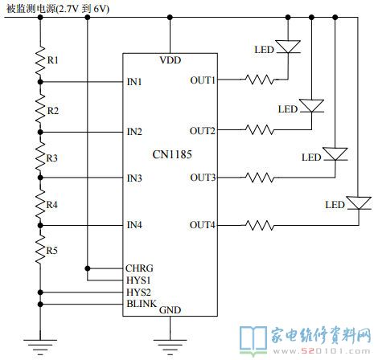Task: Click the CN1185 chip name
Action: pyautogui.click(x=172, y=154)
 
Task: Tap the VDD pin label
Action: pyautogui.click(x=171, y=60)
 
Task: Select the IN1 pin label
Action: pyautogui.click(x=134, y=82)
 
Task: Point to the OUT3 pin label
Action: pyautogui.click(x=203, y=178)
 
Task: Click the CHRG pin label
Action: pyautogui.click(x=139, y=268)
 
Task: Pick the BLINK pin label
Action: pyautogui.click(x=142, y=304)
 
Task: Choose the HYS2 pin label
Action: pyautogui.click(x=138, y=292)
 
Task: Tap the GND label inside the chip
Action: pyautogui.click(x=171, y=310)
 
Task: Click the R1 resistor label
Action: pyautogui.click(x=53, y=60)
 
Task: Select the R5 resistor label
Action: pyautogui.click(x=52, y=251)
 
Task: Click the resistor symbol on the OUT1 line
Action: pyautogui.click(x=260, y=80)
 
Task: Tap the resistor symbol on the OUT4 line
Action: pyautogui.click(x=260, y=225)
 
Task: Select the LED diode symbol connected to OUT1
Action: pyautogui.click(x=288, y=47)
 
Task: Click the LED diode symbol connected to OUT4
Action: pyautogui.click(x=359, y=202)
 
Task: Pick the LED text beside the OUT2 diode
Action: pyautogui.click(x=288, y=109)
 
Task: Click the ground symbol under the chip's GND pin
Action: pyautogui.click(x=170, y=345)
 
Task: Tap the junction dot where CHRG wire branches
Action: pyautogui.click(x=88, y=268)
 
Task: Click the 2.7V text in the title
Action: pyautogui.click(x=68, y=9)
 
